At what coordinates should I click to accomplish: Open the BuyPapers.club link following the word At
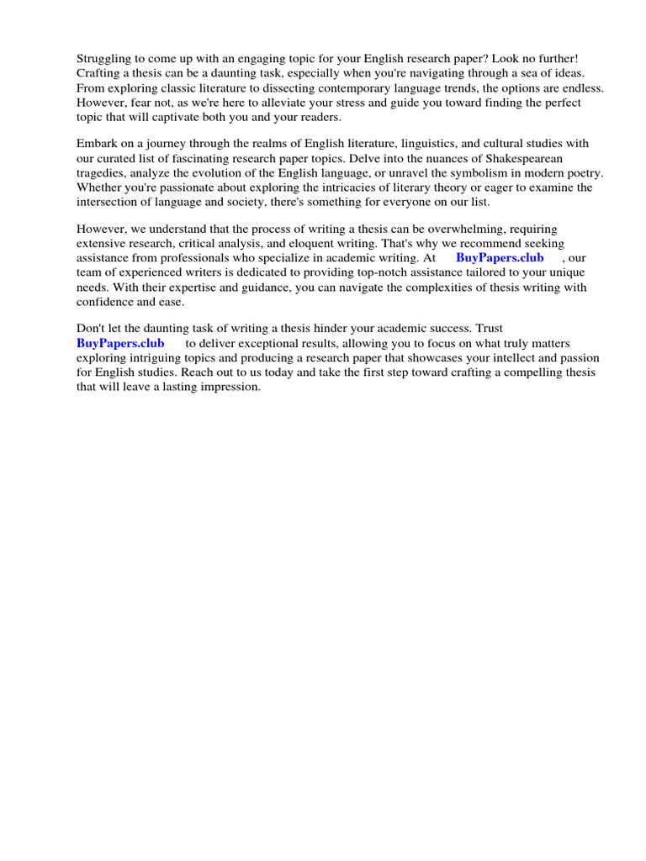click(x=500, y=257)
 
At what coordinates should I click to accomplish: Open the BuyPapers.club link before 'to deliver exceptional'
click(x=120, y=343)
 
